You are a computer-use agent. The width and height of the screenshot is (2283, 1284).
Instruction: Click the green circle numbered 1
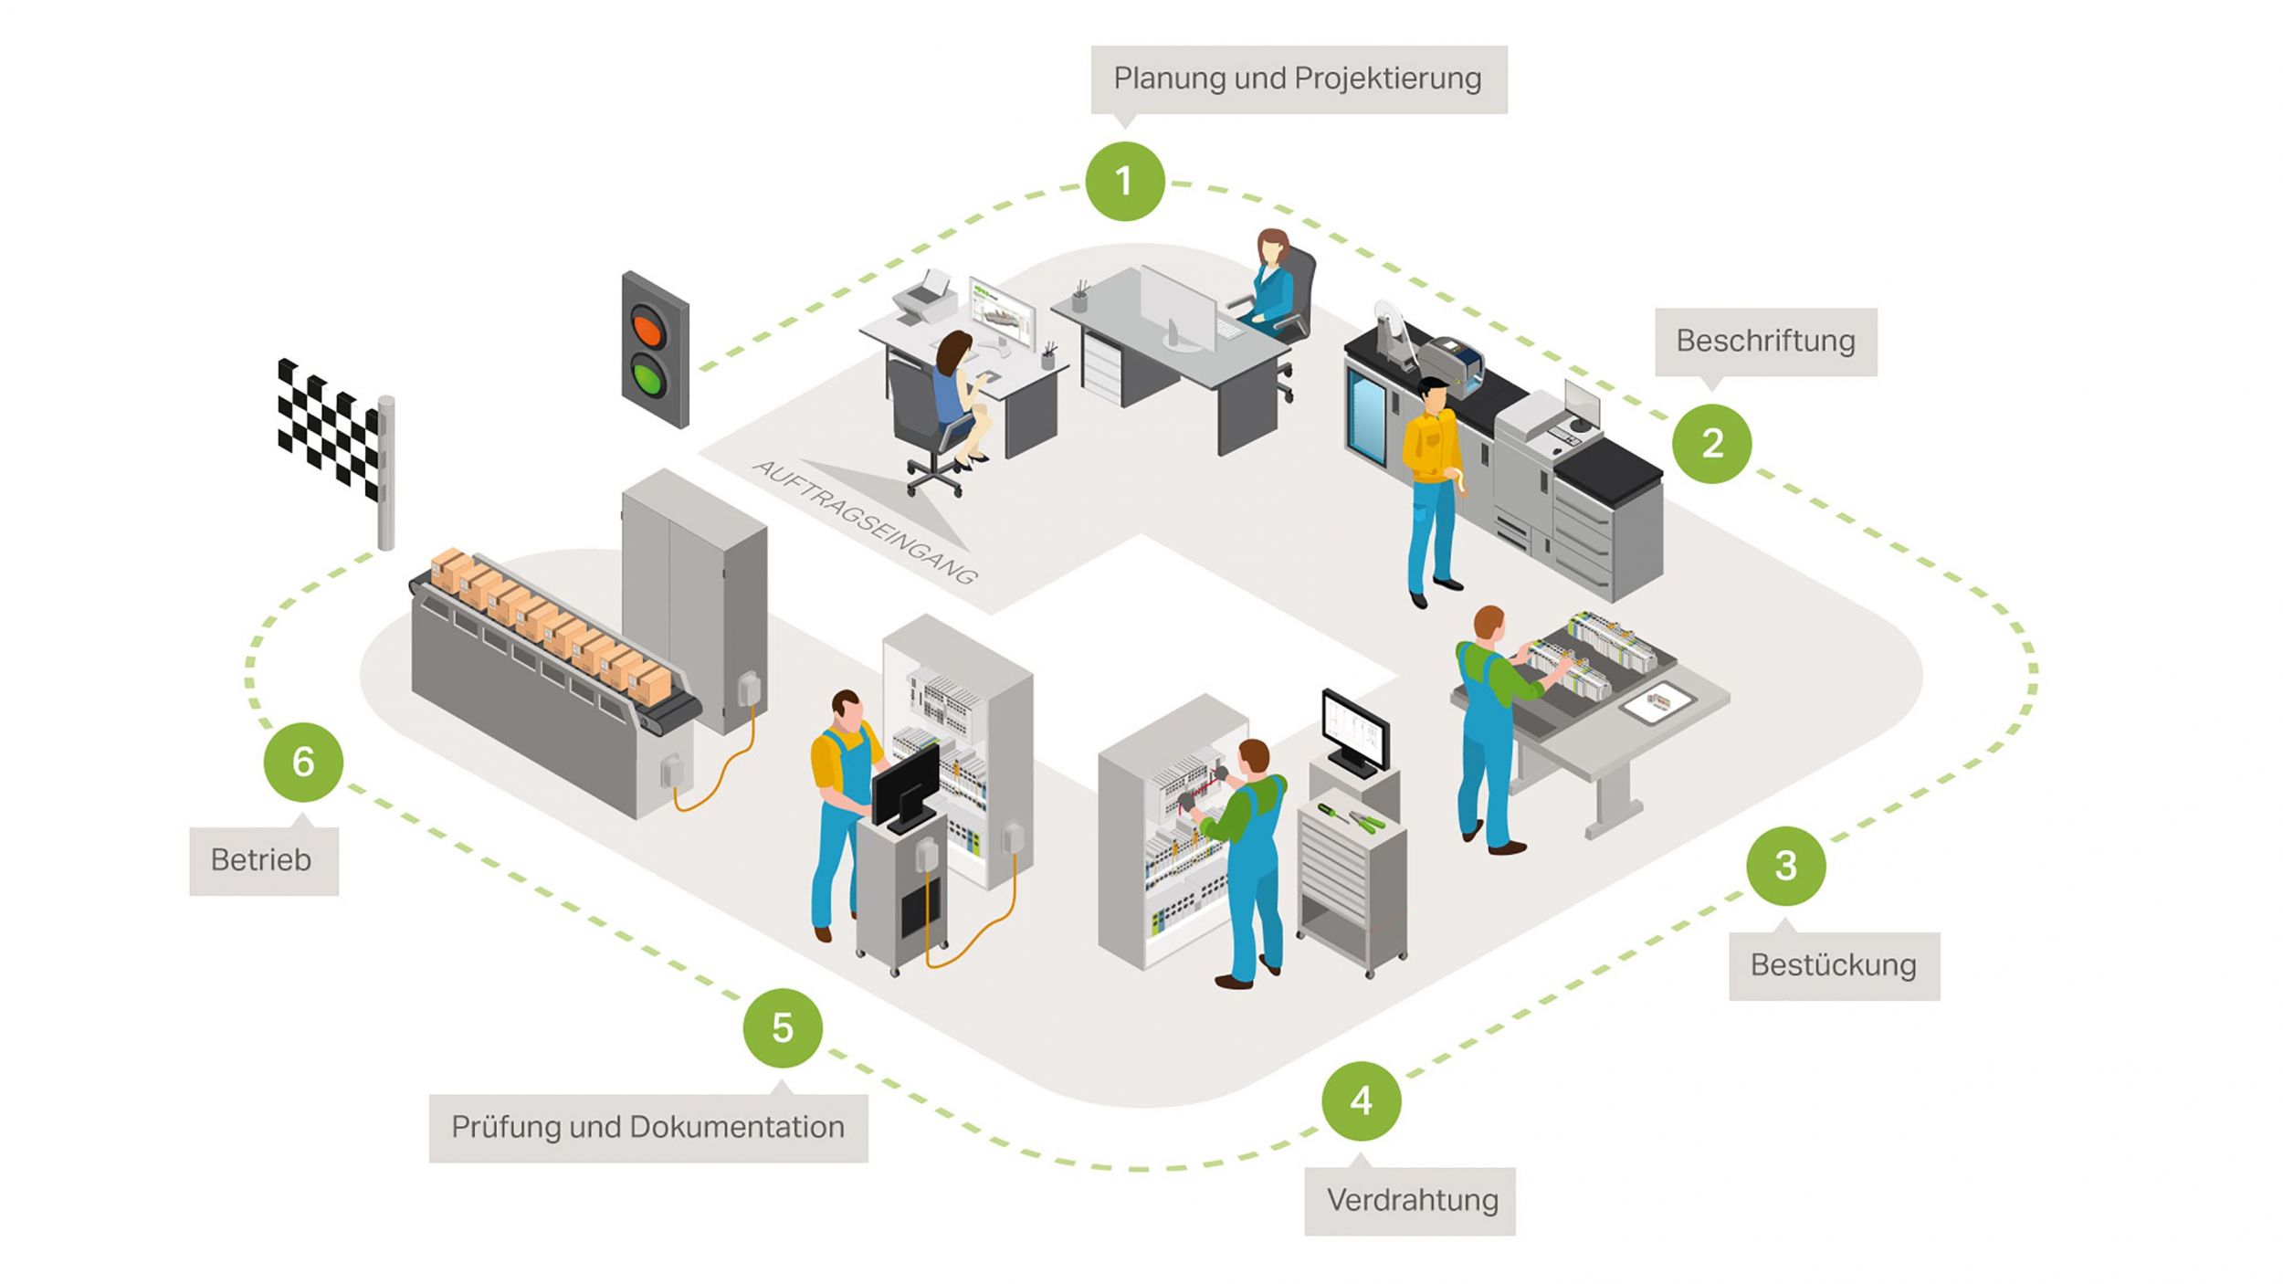pyautogui.click(x=1124, y=181)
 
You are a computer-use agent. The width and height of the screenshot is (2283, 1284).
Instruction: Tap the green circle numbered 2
pyautogui.click(x=1712, y=444)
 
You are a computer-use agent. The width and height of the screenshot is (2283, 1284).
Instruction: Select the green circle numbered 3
pyautogui.click(x=1786, y=865)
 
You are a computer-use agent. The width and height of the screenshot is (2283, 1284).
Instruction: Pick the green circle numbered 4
pyautogui.click(x=1361, y=1100)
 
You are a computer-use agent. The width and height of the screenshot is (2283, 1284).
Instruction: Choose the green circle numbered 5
pyautogui.click(x=783, y=1027)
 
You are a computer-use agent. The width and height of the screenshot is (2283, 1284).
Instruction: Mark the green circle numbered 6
pyautogui.click(x=303, y=762)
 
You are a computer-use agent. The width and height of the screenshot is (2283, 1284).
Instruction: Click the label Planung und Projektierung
pyautogui.click(x=1299, y=79)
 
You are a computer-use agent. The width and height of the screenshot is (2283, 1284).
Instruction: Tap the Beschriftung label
pyautogui.click(x=1766, y=342)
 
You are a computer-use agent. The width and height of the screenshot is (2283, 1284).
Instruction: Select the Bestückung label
pyautogui.click(x=1834, y=965)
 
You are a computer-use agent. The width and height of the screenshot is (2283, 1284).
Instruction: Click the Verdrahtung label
pyautogui.click(x=1412, y=1201)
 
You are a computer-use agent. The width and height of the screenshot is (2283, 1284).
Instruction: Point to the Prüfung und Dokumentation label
pyautogui.click(x=648, y=1128)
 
